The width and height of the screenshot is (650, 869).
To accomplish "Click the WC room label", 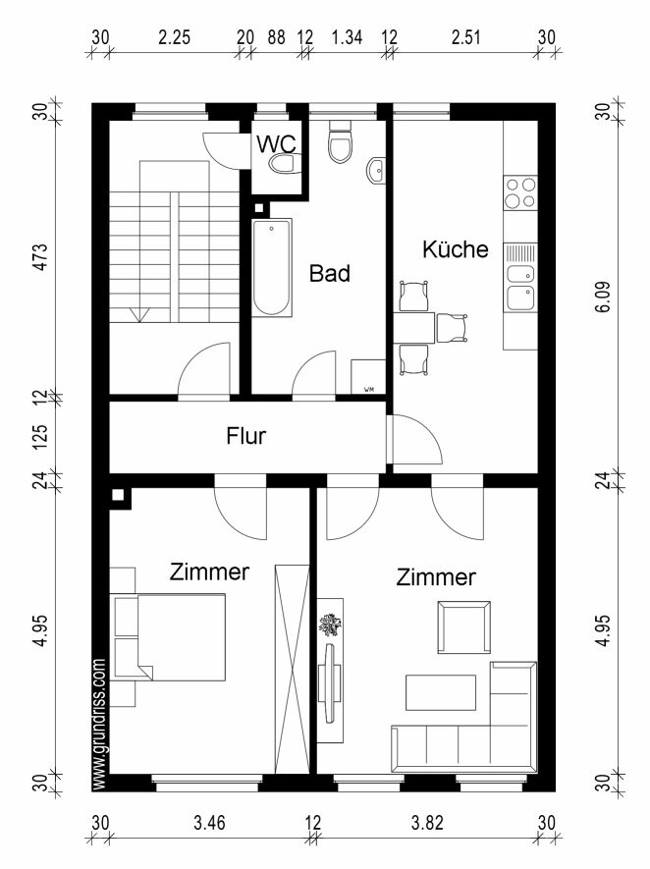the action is (277, 144).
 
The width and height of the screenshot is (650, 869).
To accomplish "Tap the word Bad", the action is (330, 273).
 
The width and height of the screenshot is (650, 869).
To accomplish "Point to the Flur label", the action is (246, 436).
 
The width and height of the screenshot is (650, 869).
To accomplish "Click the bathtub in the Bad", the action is (272, 268).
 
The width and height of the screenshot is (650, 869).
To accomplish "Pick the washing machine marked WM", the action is (368, 377).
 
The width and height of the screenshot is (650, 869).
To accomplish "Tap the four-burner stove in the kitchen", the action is (520, 192).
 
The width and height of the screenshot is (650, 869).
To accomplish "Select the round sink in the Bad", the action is (377, 170).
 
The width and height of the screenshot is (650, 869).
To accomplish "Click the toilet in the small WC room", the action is (283, 164).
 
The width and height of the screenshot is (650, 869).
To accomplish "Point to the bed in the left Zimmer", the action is (168, 637).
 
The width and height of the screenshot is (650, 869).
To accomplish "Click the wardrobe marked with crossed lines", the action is (292, 669).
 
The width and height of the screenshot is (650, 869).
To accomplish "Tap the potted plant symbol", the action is (330, 625).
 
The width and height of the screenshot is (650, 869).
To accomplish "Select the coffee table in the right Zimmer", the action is (441, 692).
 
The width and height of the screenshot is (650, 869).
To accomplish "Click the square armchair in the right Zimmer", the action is (463, 627).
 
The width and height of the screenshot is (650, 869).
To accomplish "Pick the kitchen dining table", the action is (414, 328).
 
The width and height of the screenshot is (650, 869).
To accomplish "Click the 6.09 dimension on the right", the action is (604, 298).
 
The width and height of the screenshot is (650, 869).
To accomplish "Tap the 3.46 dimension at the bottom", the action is (209, 823).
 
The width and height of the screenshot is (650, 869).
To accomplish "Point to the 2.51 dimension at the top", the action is (465, 37).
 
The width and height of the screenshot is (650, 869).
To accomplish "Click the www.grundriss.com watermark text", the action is (100, 724).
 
